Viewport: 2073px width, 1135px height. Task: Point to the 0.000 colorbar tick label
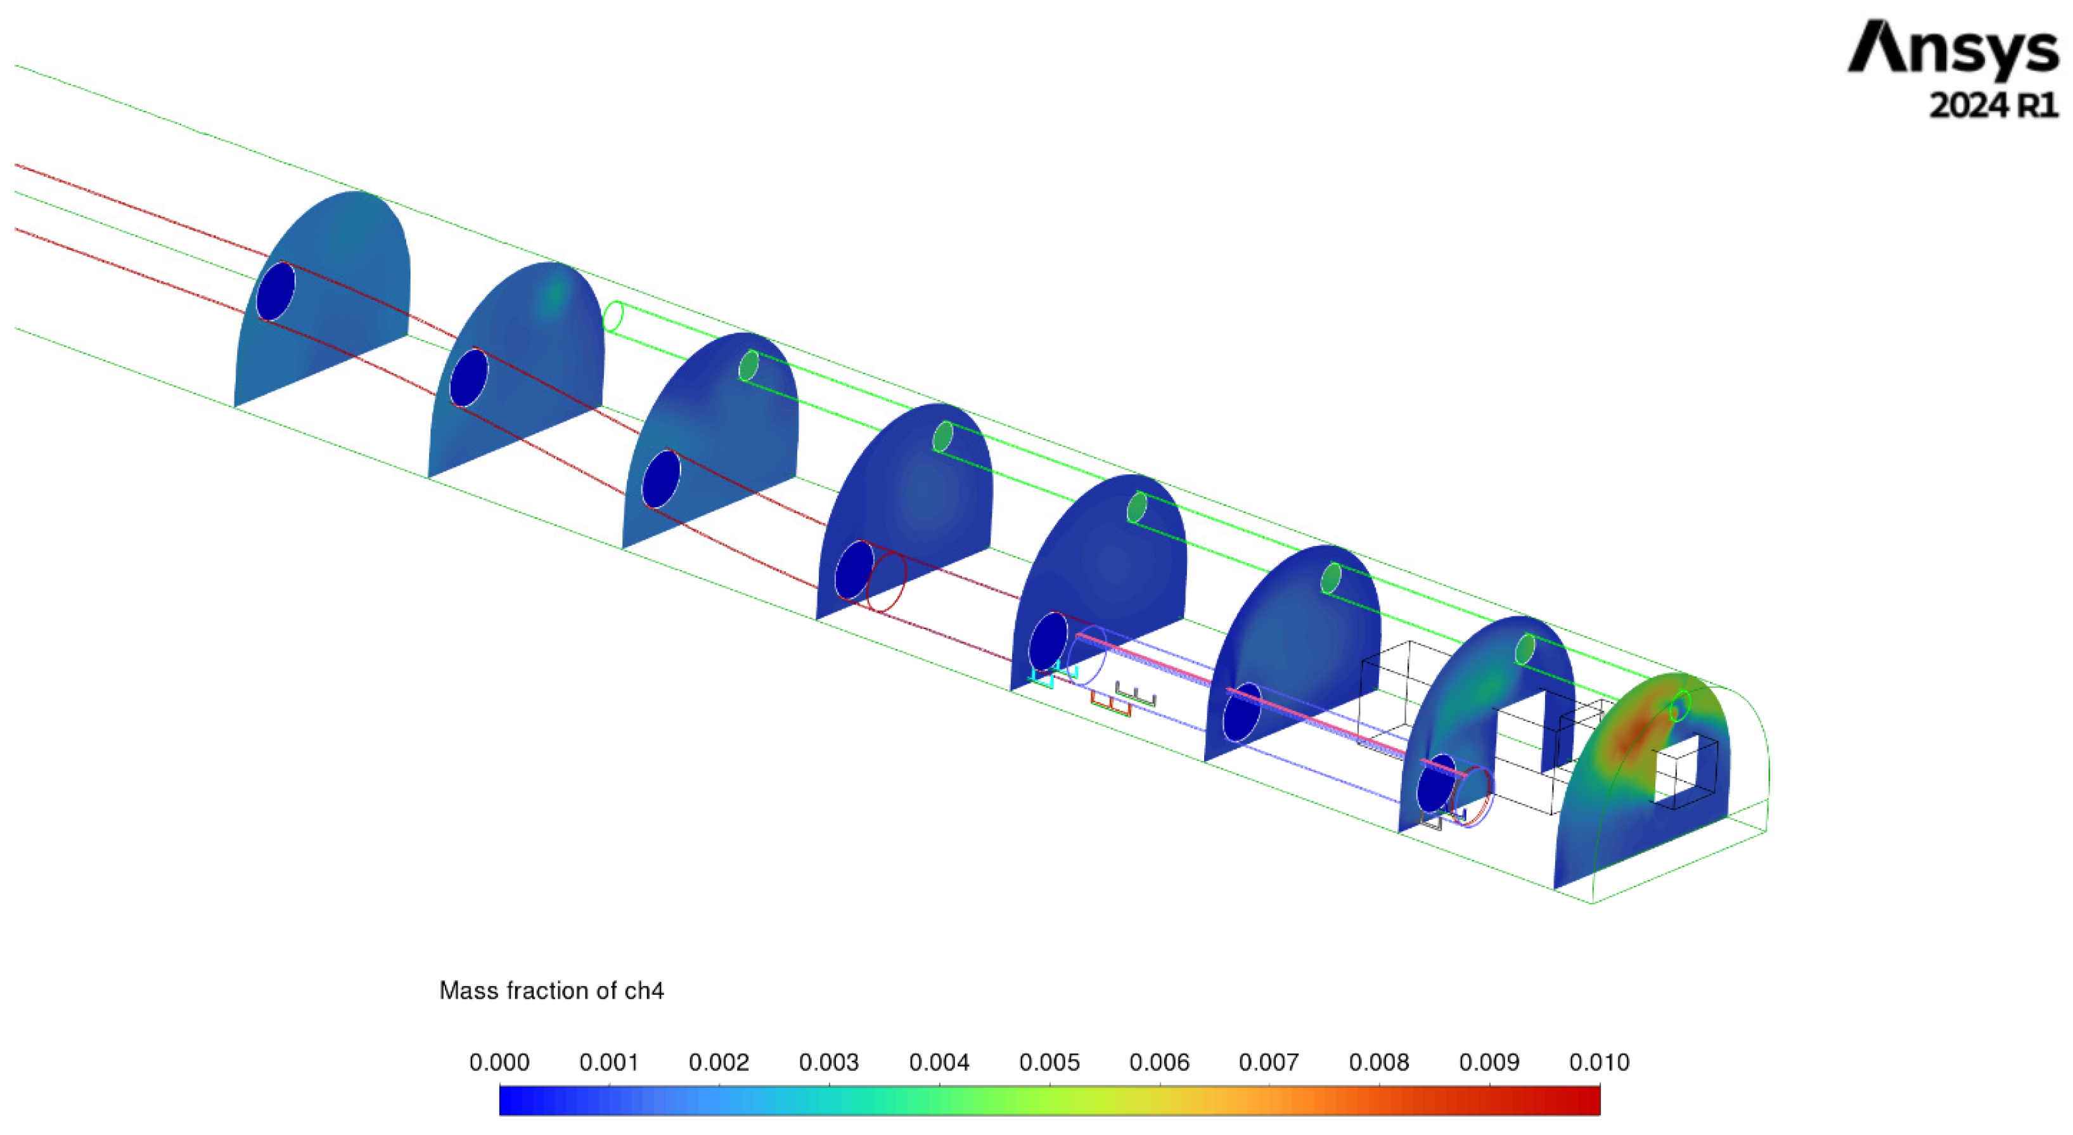[499, 1063]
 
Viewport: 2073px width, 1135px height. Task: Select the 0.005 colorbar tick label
[1049, 1063]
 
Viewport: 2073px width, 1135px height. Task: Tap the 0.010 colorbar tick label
[1599, 1063]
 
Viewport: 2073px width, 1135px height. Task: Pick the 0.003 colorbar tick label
[829, 1063]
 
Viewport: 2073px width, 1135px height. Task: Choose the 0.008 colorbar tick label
[1379, 1063]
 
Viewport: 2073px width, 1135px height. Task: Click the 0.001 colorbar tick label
[609, 1063]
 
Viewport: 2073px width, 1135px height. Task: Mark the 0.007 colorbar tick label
[1269, 1063]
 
